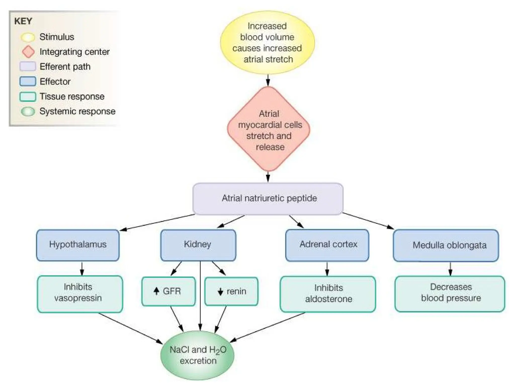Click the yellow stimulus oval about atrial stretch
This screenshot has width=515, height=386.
pyautogui.click(x=267, y=42)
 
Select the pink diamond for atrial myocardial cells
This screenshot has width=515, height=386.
pyautogui.click(x=269, y=129)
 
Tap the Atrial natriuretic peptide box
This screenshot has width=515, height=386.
pyautogui.click(x=268, y=199)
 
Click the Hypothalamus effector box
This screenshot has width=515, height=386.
pyautogui.click(x=78, y=245)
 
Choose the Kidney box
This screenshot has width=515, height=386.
pyautogui.click(x=198, y=245)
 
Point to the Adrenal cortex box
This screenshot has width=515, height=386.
pyautogui.click(x=327, y=245)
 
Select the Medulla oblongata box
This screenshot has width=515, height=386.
pyautogui.click(x=446, y=246)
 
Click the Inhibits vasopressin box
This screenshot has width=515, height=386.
pyautogui.click(x=80, y=294)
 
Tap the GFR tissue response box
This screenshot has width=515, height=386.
pyautogui.click(x=168, y=291)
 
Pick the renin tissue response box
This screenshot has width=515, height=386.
pyautogui.click(x=231, y=291)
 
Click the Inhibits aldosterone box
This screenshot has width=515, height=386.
pyautogui.click(x=328, y=294)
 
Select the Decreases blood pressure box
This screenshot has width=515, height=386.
pyautogui.click(x=450, y=294)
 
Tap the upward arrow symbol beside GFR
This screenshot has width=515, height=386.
pyautogui.click(x=156, y=291)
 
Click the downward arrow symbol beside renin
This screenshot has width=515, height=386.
pyautogui.click(x=220, y=292)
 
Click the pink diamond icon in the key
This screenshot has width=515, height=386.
pyautogui.click(x=28, y=52)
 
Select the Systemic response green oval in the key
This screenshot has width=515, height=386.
pyautogui.click(x=28, y=111)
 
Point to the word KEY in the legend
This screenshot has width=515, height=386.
pyautogui.click(x=23, y=21)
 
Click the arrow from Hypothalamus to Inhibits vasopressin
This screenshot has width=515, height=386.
pyautogui.click(x=82, y=269)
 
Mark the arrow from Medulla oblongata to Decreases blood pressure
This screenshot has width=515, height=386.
pyautogui.click(x=450, y=269)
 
